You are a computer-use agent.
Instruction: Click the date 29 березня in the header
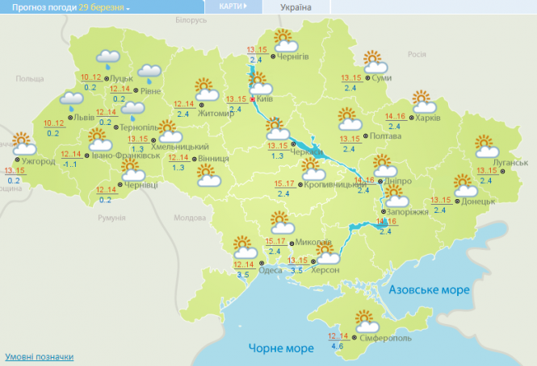click(102, 6)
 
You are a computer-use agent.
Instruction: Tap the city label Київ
click(265, 99)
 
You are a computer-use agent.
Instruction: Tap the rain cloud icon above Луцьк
click(108, 58)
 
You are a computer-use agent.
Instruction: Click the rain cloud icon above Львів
click(72, 101)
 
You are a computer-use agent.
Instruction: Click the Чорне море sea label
click(280, 348)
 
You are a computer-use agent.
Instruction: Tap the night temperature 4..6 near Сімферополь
click(338, 347)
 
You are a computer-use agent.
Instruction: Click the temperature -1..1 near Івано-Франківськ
click(72, 164)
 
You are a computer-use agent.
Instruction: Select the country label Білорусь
click(191, 19)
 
